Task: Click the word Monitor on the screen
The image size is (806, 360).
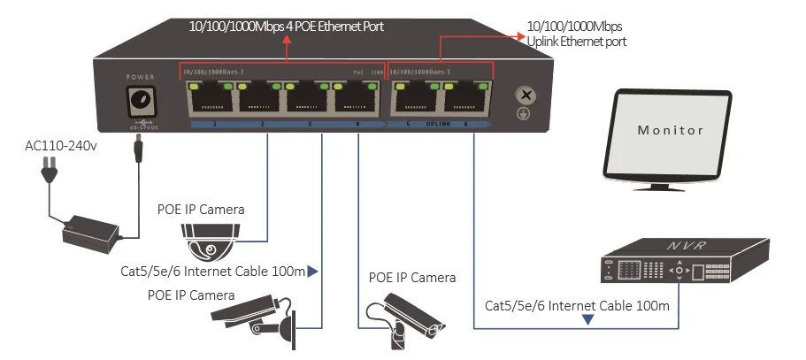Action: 671,130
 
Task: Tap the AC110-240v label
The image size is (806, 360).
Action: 59,144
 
